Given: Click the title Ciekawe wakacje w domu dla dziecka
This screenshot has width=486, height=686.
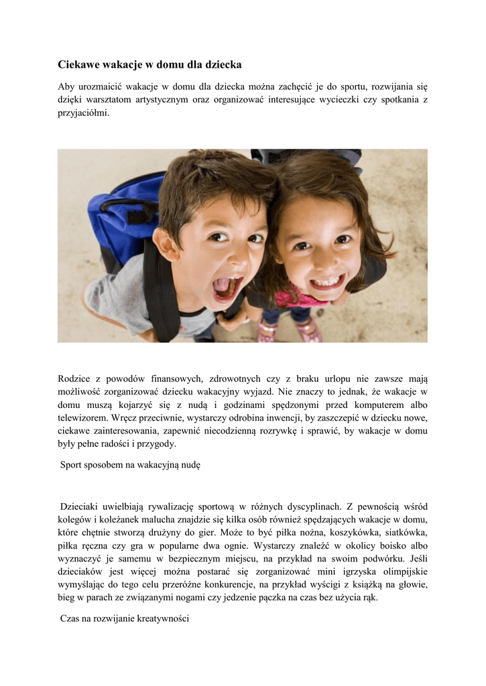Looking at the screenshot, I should coord(149,65).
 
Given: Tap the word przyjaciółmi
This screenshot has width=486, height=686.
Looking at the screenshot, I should coord(83,113).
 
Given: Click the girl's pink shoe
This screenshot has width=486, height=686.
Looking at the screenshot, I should coord(310,330).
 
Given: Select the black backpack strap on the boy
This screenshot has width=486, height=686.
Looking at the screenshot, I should coord(161,295).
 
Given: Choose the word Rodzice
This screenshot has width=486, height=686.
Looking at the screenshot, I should coord(74,379).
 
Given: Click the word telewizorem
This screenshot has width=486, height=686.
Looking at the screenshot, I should coord(83,417).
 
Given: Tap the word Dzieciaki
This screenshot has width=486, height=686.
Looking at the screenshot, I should coord(82,506).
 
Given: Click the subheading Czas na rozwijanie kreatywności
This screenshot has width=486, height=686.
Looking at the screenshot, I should coord(125,619).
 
